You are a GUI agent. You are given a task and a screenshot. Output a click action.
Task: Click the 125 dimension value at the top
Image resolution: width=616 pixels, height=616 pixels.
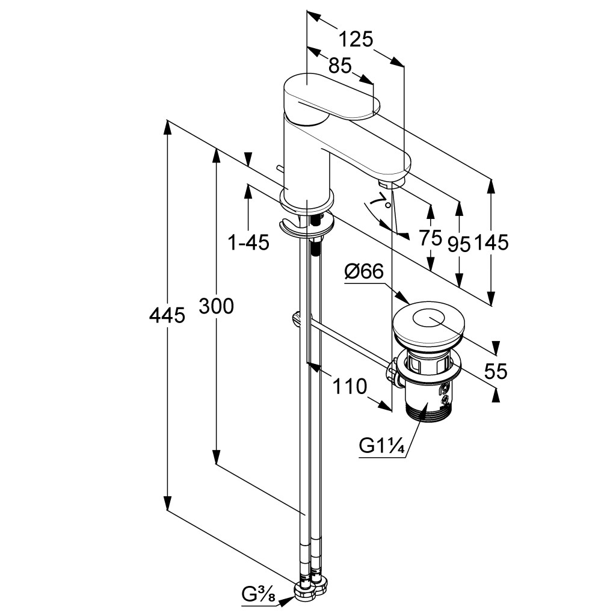[x=356, y=39]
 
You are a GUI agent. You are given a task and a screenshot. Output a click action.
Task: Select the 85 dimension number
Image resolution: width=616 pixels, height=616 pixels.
[x=340, y=66]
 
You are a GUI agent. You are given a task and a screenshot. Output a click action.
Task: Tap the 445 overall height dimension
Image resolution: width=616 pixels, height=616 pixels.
[x=167, y=314]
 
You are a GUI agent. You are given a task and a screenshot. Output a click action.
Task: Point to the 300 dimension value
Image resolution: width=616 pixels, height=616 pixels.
[x=216, y=307]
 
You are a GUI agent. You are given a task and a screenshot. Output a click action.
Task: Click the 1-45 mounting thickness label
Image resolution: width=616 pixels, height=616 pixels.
[x=248, y=242]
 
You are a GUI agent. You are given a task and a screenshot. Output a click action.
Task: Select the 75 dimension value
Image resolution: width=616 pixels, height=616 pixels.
[x=431, y=238]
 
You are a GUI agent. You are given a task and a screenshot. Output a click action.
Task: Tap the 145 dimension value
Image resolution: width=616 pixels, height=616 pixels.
[x=492, y=242]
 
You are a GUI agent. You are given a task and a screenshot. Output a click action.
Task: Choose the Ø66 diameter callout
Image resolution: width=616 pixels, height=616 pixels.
[x=364, y=272]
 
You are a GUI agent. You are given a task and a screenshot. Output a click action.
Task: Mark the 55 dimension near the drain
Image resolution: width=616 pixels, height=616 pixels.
[x=496, y=371]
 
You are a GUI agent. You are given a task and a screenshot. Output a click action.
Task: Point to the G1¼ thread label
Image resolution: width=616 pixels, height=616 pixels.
[x=381, y=446]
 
